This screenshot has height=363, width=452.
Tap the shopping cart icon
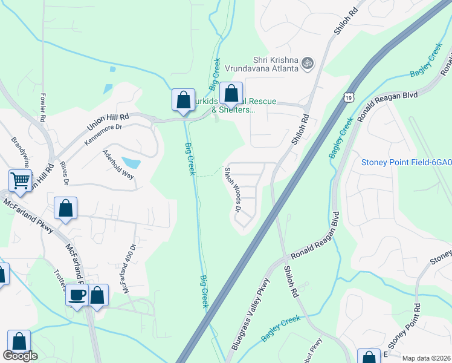(20, 180)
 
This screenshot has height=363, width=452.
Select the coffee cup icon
(77, 295)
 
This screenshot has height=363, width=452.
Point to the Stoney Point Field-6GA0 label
(406, 162)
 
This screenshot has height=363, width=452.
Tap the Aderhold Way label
(118, 164)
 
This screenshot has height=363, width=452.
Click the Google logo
(20, 356)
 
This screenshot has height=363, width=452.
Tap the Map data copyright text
(427, 358)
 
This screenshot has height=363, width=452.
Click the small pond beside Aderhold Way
(131, 162)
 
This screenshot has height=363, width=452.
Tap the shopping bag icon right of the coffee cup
(97, 295)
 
